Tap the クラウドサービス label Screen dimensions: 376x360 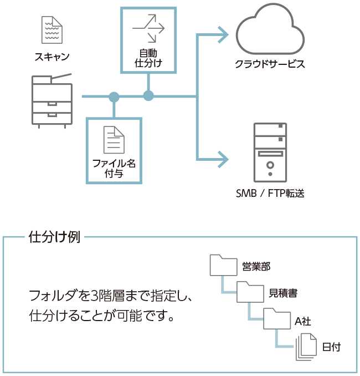[x=270, y=64]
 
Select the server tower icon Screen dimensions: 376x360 [x=270, y=153]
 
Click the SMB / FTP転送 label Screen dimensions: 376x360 [x=270, y=193]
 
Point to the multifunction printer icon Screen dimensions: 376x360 [x=52, y=101]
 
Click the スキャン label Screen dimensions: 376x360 [x=52, y=57]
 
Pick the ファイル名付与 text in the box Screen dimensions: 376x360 [x=114, y=168]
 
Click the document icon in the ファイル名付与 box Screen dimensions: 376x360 [x=114, y=140]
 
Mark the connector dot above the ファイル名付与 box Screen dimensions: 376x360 [x=114, y=97]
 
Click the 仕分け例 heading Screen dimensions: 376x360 [x=54, y=238]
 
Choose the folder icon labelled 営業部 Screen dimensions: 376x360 [x=223, y=266]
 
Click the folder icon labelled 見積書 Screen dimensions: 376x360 [x=250, y=292]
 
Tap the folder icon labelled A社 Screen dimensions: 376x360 [x=276, y=319]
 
